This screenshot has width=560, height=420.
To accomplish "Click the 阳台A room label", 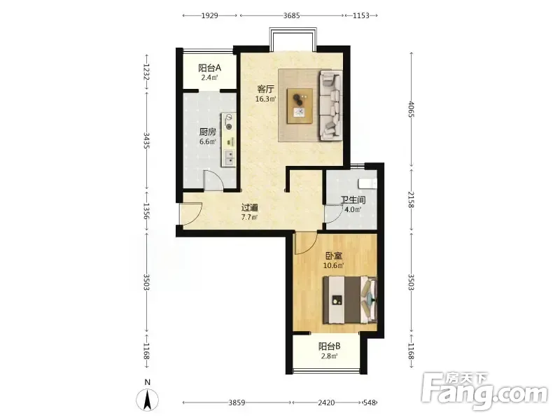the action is [x=209, y=67].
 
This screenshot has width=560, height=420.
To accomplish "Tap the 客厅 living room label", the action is [x=266, y=89].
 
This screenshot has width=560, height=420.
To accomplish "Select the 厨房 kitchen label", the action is [x=207, y=132].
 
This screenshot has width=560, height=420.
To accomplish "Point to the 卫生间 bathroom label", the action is [x=353, y=199].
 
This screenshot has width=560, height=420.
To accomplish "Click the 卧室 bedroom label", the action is [x=334, y=255].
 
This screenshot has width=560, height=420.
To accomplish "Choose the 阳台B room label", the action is [x=329, y=346].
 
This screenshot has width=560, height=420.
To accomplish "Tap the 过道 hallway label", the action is [x=250, y=207].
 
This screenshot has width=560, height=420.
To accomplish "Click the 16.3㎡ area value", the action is [x=266, y=99].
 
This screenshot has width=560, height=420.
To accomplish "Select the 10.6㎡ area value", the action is [x=334, y=265].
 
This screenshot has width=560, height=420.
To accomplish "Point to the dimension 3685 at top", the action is [x=291, y=15].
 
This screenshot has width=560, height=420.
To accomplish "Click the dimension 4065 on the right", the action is [x=412, y=109].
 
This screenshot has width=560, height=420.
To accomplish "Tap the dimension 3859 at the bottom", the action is [x=237, y=402].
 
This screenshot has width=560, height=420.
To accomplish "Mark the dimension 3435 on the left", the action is [x=146, y=141].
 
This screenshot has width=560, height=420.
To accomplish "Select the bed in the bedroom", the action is [x=350, y=300].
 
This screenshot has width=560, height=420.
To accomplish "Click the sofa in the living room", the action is [x=330, y=104].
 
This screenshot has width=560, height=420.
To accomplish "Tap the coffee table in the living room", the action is [x=300, y=106].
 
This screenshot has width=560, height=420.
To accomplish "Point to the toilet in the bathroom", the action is [x=368, y=183].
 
